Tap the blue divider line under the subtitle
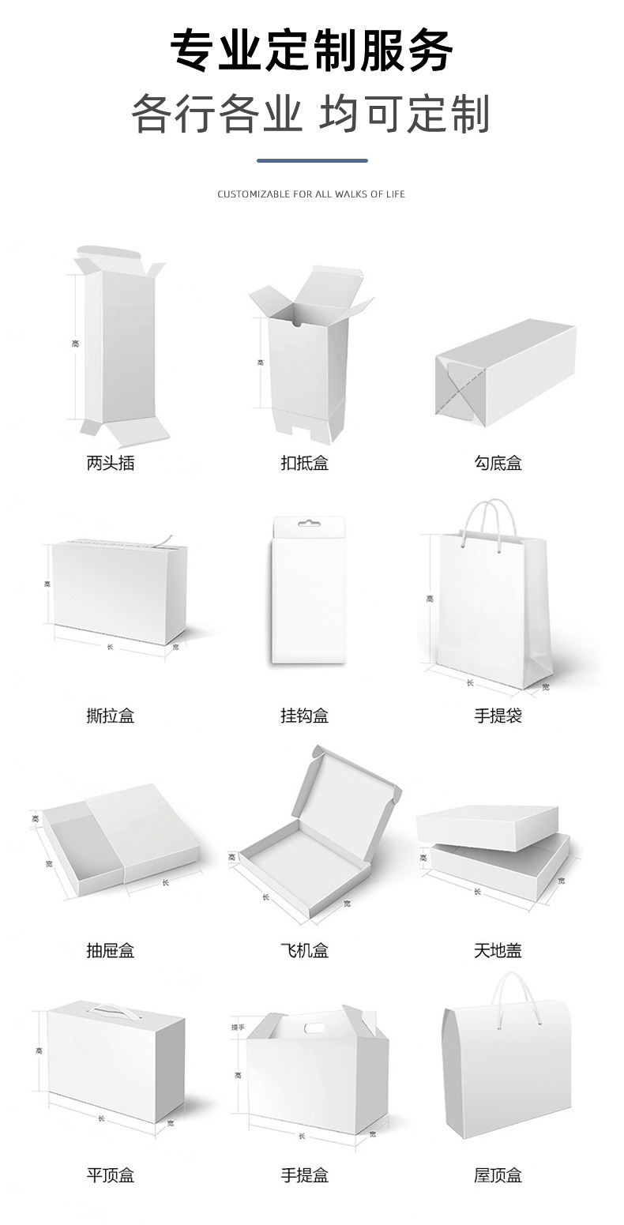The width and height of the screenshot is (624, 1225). pyautogui.click(x=312, y=160)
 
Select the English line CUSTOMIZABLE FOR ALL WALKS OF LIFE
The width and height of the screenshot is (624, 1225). pyautogui.click(x=311, y=194)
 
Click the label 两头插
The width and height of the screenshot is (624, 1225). pyautogui.click(x=111, y=464)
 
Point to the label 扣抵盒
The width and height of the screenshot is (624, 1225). pyautogui.click(x=304, y=464)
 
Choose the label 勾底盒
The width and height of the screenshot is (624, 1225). pyautogui.click(x=498, y=464)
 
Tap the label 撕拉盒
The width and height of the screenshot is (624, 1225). pyautogui.click(x=111, y=716)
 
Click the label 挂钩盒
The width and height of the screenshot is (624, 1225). pyautogui.click(x=304, y=716)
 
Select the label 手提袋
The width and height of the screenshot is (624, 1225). pyautogui.click(x=498, y=716)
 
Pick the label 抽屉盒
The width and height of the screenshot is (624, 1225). pyautogui.click(x=111, y=950)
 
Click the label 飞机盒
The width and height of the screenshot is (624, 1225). pyautogui.click(x=304, y=950)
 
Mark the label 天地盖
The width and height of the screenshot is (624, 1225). pyautogui.click(x=498, y=950)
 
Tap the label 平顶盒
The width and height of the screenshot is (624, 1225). pyautogui.click(x=111, y=1175)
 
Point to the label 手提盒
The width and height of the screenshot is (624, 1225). pyautogui.click(x=304, y=1175)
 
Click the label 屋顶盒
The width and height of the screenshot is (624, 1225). pyautogui.click(x=498, y=1175)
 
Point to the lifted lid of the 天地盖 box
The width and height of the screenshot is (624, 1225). pyautogui.click(x=487, y=826)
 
